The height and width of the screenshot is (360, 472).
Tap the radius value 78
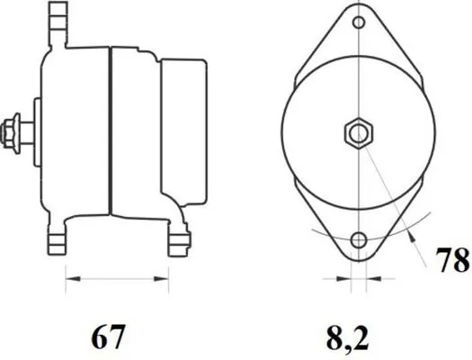[452, 262]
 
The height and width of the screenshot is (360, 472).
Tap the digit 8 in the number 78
[460, 262]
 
